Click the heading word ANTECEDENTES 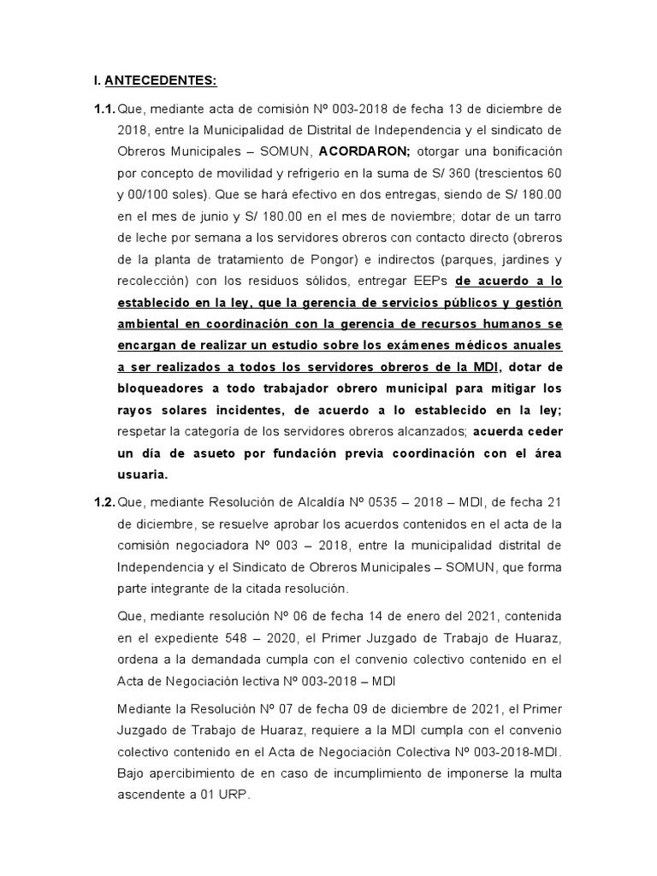(x=161, y=81)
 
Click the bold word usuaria (x=142, y=474)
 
